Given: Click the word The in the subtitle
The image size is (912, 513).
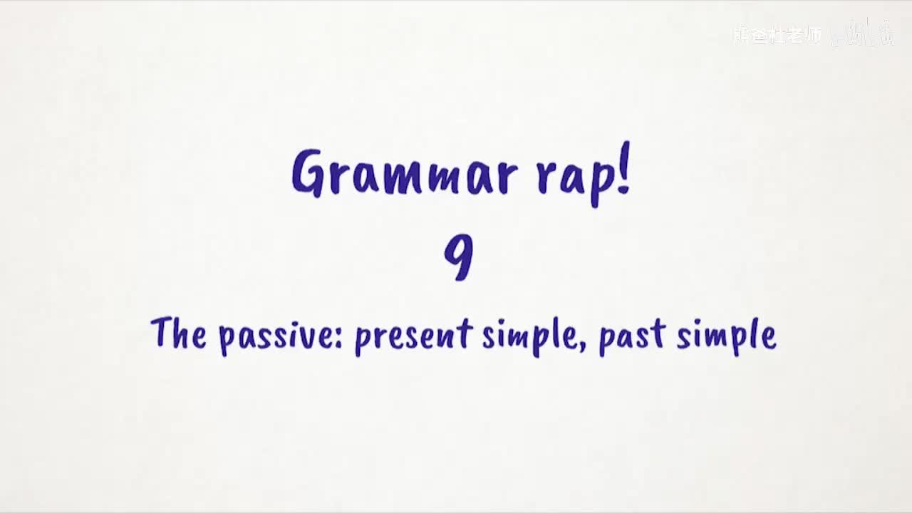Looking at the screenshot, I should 178,333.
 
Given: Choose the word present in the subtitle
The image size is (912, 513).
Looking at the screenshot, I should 413,336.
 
